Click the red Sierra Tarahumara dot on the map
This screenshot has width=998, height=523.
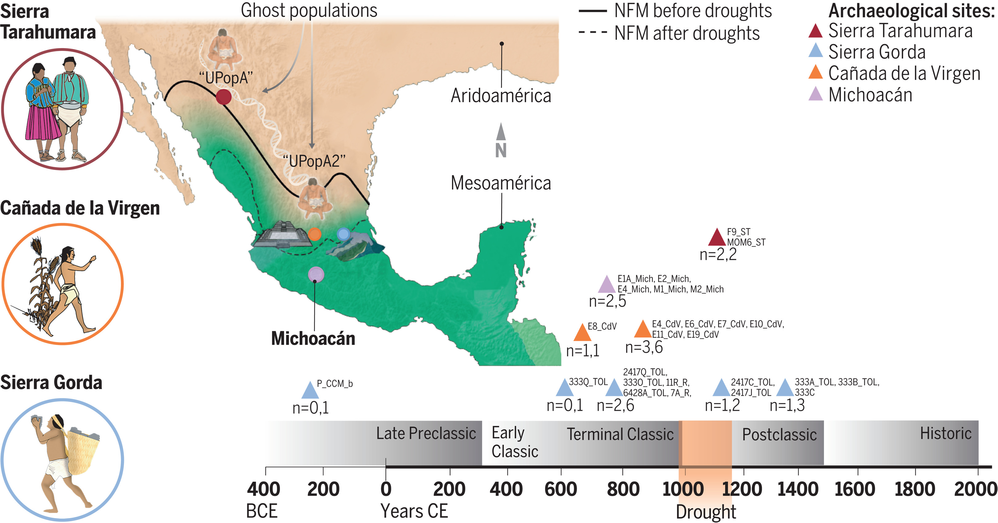click(224, 97)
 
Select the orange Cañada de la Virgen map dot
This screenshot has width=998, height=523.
click(314, 234)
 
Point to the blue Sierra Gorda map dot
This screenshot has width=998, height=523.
click(343, 234)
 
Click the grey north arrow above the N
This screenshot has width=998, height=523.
click(501, 132)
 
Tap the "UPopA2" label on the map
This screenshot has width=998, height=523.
click(314, 161)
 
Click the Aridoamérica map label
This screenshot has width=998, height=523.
click(501, 96)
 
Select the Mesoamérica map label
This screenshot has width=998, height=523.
click(501, 183)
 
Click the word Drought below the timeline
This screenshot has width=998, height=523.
click(705, 512)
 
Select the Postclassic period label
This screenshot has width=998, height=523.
click(779, 435)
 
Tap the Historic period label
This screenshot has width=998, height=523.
click(945, 433)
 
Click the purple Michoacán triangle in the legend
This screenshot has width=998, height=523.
click(815, 94)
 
